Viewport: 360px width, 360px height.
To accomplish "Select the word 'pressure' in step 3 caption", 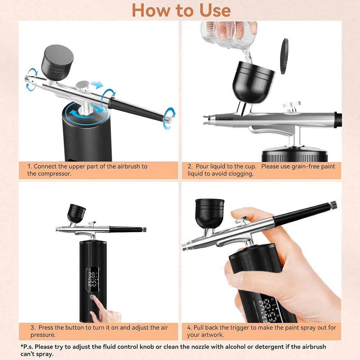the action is click(43, 335).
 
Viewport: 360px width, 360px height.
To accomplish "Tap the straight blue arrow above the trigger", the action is click(97, 85).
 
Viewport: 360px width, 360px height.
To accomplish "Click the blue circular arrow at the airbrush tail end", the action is click(170, 118).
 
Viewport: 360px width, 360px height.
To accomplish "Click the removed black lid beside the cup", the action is click(285, 56).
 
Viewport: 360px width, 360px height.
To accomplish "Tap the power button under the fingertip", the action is click(93, 297).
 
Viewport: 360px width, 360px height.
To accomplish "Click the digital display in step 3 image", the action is click(93, 279).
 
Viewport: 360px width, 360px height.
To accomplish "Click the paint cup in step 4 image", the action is click(209, 213).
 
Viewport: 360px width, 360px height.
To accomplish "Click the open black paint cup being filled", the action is click(253, 79).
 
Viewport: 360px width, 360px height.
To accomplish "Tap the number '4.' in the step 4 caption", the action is click(189, 328).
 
